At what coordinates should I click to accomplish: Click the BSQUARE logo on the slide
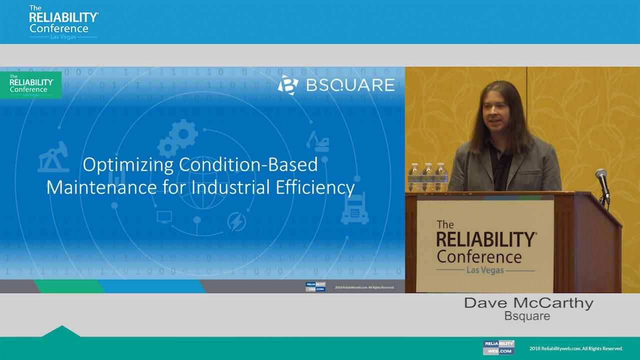(336, 84)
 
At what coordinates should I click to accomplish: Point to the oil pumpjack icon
(54, 157)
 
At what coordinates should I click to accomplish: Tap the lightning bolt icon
(236, 221)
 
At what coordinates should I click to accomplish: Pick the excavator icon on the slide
(318, 141)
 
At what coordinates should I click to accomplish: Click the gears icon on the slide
(178, 137)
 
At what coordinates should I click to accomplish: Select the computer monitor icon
(164, 217)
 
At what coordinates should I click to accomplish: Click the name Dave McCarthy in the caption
(528, 303)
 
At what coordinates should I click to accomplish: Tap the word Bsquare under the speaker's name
(527, 316)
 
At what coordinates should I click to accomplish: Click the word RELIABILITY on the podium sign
(485, 240)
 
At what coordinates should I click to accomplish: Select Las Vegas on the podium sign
(485, 270)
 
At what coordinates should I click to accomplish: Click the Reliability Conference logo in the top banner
(63, 22)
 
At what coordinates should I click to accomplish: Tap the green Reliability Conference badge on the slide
(31, 85)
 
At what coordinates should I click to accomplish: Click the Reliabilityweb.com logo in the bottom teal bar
(498, 347)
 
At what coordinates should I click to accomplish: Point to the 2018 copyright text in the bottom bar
(576, 348)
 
